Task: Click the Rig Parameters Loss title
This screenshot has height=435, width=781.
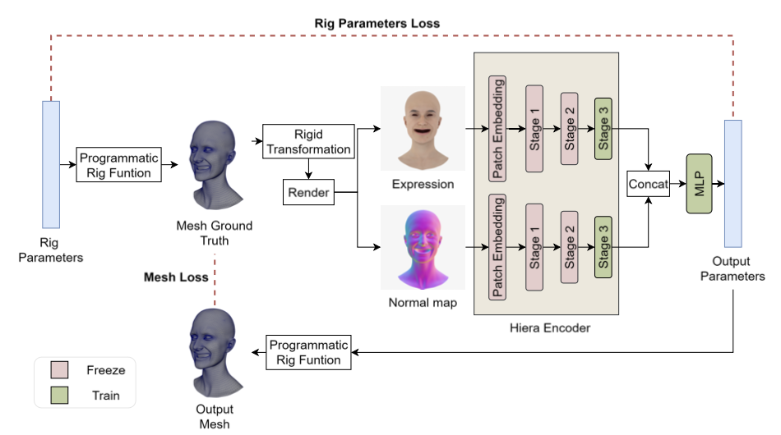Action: point(377,24)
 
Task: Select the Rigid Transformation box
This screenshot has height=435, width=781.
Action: point(308,141)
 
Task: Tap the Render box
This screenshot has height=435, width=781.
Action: point(307,193)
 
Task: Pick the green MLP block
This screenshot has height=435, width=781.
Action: point(699,184)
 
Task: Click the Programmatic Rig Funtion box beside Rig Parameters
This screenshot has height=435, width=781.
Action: point(121,165)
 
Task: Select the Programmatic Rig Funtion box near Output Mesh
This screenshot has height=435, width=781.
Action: point(309,352)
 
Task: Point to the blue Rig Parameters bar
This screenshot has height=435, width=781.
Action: point(50,164)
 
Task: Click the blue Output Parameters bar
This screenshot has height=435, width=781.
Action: point(732,183)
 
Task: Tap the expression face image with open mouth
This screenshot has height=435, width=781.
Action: point(423,128)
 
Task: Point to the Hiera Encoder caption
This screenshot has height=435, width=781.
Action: point(549,328)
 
